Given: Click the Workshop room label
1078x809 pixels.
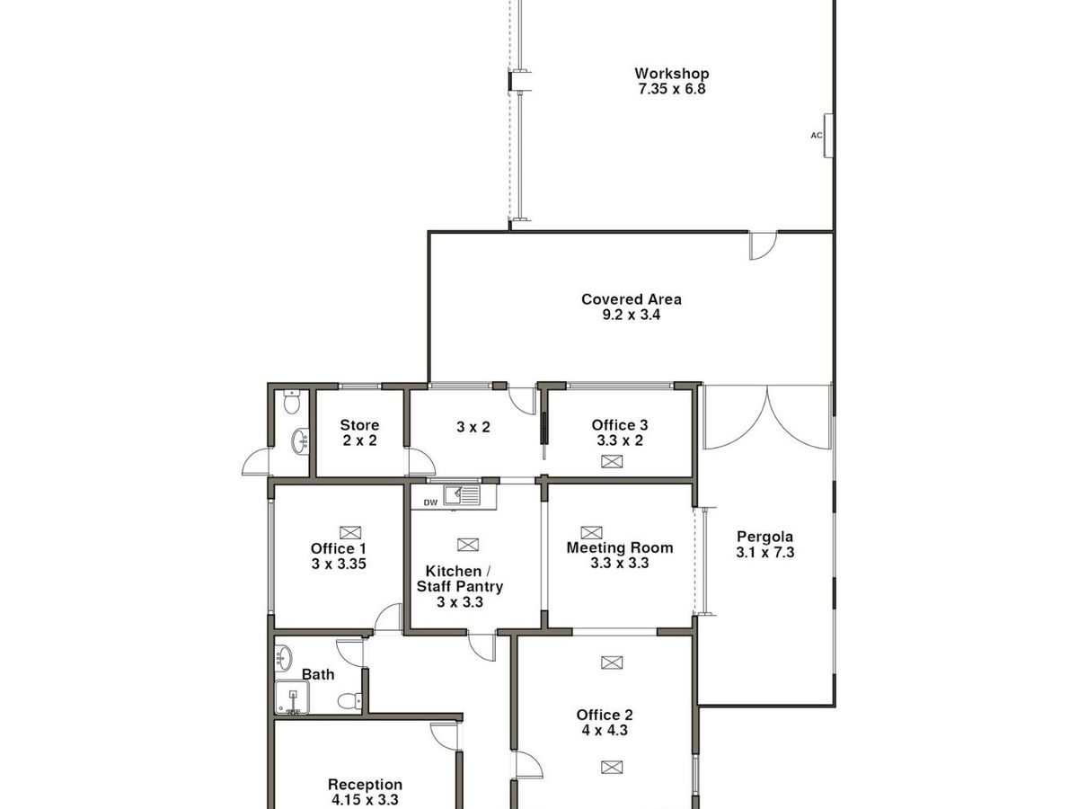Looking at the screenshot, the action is [671, 74].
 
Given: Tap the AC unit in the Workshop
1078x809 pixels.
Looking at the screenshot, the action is [828, 136].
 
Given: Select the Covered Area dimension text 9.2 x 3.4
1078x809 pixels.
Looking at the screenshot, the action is [632, 315].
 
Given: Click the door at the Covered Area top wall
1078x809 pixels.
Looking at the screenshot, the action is [763, 245].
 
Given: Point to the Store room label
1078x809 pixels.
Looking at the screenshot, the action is [359, 425].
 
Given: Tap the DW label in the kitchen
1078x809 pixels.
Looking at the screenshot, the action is [430, 502].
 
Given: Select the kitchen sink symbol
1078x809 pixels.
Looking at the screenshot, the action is [462, 494].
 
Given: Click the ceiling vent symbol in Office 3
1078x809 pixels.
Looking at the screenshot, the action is [612, 461].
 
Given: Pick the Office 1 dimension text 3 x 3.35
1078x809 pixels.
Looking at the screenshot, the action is [339, 564].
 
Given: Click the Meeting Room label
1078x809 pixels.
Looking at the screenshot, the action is [620, 547].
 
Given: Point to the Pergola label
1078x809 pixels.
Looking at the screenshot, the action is [764, 537].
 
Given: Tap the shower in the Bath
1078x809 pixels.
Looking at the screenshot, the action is [292, 697].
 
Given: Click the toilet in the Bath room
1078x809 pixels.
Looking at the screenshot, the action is [349, 701].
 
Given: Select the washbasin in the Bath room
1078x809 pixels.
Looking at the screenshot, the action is [283, 658].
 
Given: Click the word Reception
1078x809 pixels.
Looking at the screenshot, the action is [365, 785].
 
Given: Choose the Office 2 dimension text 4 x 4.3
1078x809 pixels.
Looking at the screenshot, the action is [605, 731].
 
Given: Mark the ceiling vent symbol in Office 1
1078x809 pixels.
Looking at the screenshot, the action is [350, 532].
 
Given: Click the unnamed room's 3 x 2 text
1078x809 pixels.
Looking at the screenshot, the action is [473, 427].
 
